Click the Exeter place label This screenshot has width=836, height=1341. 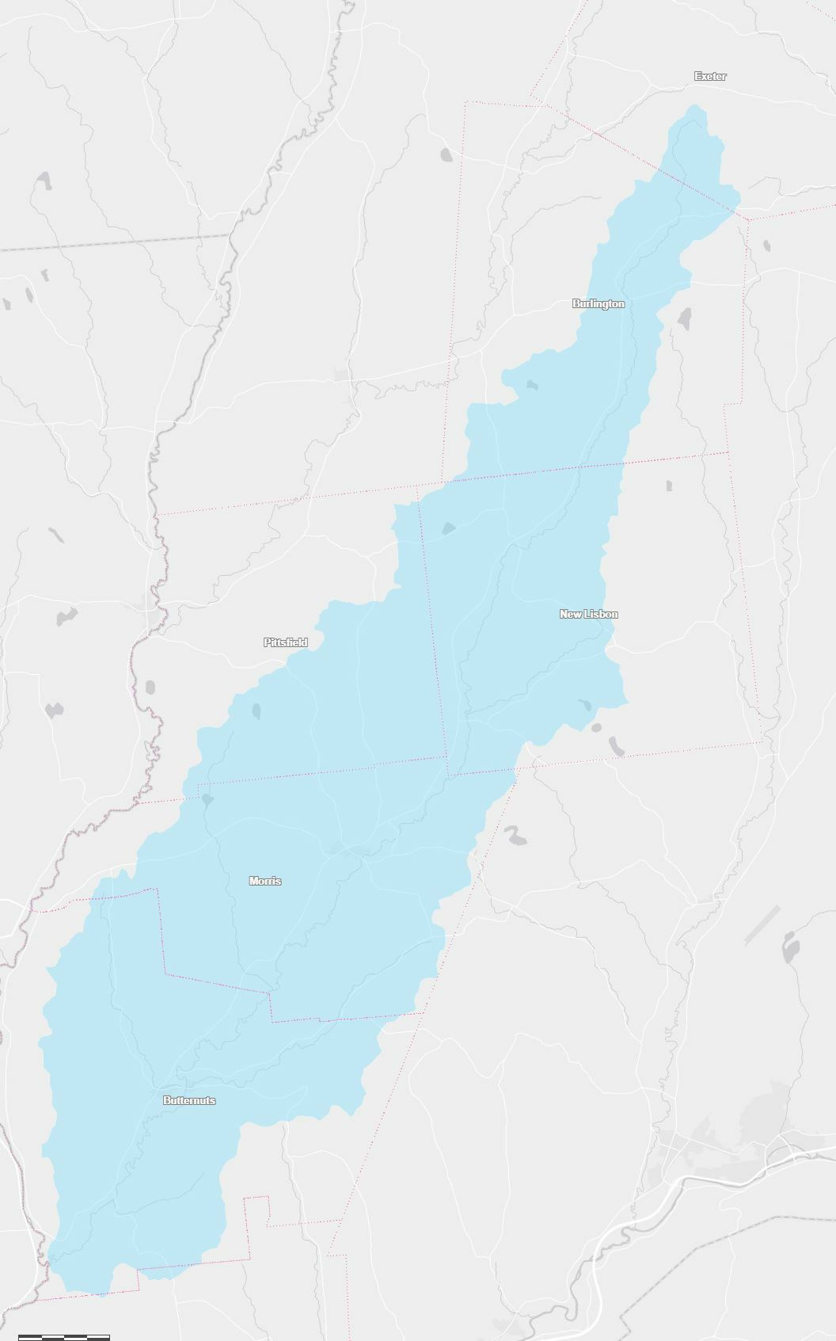(710, 76)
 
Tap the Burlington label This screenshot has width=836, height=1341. (598, 303)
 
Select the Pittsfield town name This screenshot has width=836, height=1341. (286, 642)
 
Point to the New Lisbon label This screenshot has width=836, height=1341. (589, 614)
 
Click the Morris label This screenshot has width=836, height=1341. (265, 881)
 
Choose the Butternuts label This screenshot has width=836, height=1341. (189, 1100)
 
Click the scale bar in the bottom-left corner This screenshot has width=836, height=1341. (63, 1337)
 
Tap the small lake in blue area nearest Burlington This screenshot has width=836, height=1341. (531, 385)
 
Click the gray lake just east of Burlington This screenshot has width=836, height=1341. (684, 318)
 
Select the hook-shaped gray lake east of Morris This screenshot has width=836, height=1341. (516, 835)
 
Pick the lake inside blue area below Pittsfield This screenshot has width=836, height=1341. (256, 711)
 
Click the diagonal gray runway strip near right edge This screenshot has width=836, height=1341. (762, 924)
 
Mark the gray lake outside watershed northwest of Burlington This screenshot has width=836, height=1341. (446, 154)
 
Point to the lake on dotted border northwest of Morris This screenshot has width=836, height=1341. (207, 799)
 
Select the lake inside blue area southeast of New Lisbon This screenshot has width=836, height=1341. (585, 704)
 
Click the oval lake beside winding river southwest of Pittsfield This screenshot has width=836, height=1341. (150, 687)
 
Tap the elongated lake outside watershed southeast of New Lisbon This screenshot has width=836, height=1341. (616, 745)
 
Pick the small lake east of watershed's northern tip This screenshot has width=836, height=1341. (766, 246)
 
